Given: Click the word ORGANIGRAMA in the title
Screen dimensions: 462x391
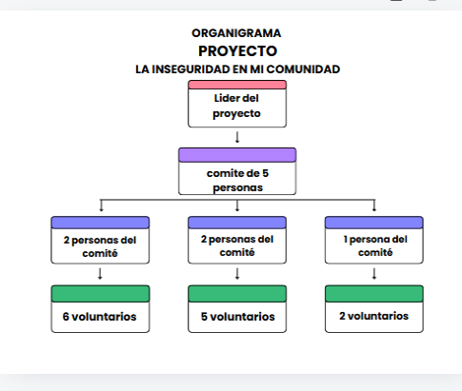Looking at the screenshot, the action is click(x=236, y=33).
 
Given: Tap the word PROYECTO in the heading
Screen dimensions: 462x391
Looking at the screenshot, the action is click(x=237, y=51).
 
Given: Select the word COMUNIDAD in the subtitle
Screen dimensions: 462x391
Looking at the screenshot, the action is click(x=303, y=69).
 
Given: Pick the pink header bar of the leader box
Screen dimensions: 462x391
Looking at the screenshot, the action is click(x=237, y=85).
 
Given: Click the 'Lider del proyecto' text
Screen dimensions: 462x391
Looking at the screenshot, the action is click(x=236, y=106).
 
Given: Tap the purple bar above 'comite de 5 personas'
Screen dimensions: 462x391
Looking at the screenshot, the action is click(x=237, y=155).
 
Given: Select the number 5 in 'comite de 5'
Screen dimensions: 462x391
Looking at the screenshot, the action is click(x=265, y=173).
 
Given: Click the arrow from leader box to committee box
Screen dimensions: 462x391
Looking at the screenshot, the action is click(x=237, y=137).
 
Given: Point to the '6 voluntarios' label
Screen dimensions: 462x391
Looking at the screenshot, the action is click(x=99, y=317).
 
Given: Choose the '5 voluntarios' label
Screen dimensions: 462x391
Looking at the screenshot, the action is click(x=237, y=317).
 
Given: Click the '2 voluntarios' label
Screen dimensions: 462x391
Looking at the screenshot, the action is click(x=373, y=316).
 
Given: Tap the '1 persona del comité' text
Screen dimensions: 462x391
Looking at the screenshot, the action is click(x=375, y=245).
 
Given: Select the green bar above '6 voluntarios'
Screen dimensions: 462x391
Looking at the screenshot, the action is click(x=100, y=294).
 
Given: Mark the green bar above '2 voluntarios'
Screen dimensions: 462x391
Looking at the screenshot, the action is click(x=374, y=294).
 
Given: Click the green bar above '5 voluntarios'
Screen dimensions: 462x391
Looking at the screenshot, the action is click(x=237, y=294).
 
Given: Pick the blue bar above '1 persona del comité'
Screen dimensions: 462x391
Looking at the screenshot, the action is click(x=374, y=223).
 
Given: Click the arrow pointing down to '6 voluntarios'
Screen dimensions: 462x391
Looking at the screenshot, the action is click(x=100, y=274).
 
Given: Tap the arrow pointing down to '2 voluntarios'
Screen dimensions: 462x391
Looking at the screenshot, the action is click(x=374, y=274).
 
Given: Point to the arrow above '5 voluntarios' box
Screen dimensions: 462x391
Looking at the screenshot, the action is click(x=237, y=274).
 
